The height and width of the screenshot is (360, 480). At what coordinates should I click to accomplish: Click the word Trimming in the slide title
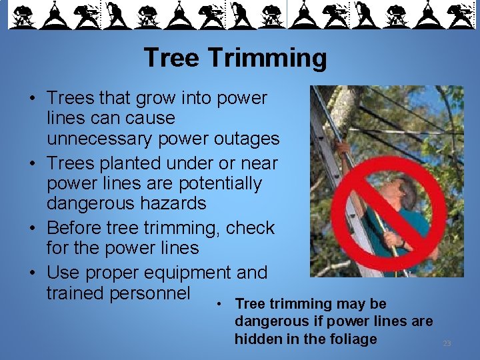tap(267, 59)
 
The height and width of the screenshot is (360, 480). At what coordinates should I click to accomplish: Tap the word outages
tap(247, 139)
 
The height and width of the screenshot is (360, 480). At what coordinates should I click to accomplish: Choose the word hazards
tap(173, 203)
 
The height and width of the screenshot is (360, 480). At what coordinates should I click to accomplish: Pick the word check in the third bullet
tap(251, 228)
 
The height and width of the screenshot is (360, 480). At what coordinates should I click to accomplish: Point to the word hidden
tap(255, 339)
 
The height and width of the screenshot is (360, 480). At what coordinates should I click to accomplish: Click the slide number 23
tap(447, 343)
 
